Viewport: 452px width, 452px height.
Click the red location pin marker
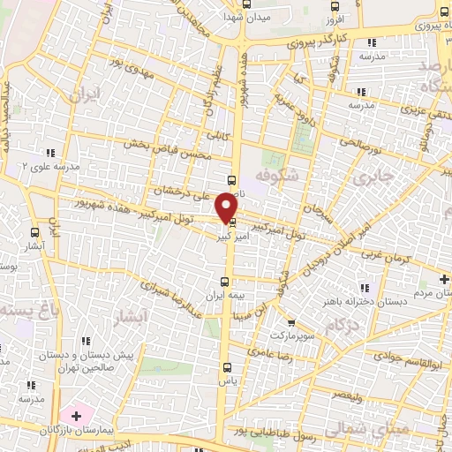click(228, 207)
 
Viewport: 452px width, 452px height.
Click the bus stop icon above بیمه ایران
click(233, 277)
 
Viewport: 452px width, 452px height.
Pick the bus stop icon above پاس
click(228, 366)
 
